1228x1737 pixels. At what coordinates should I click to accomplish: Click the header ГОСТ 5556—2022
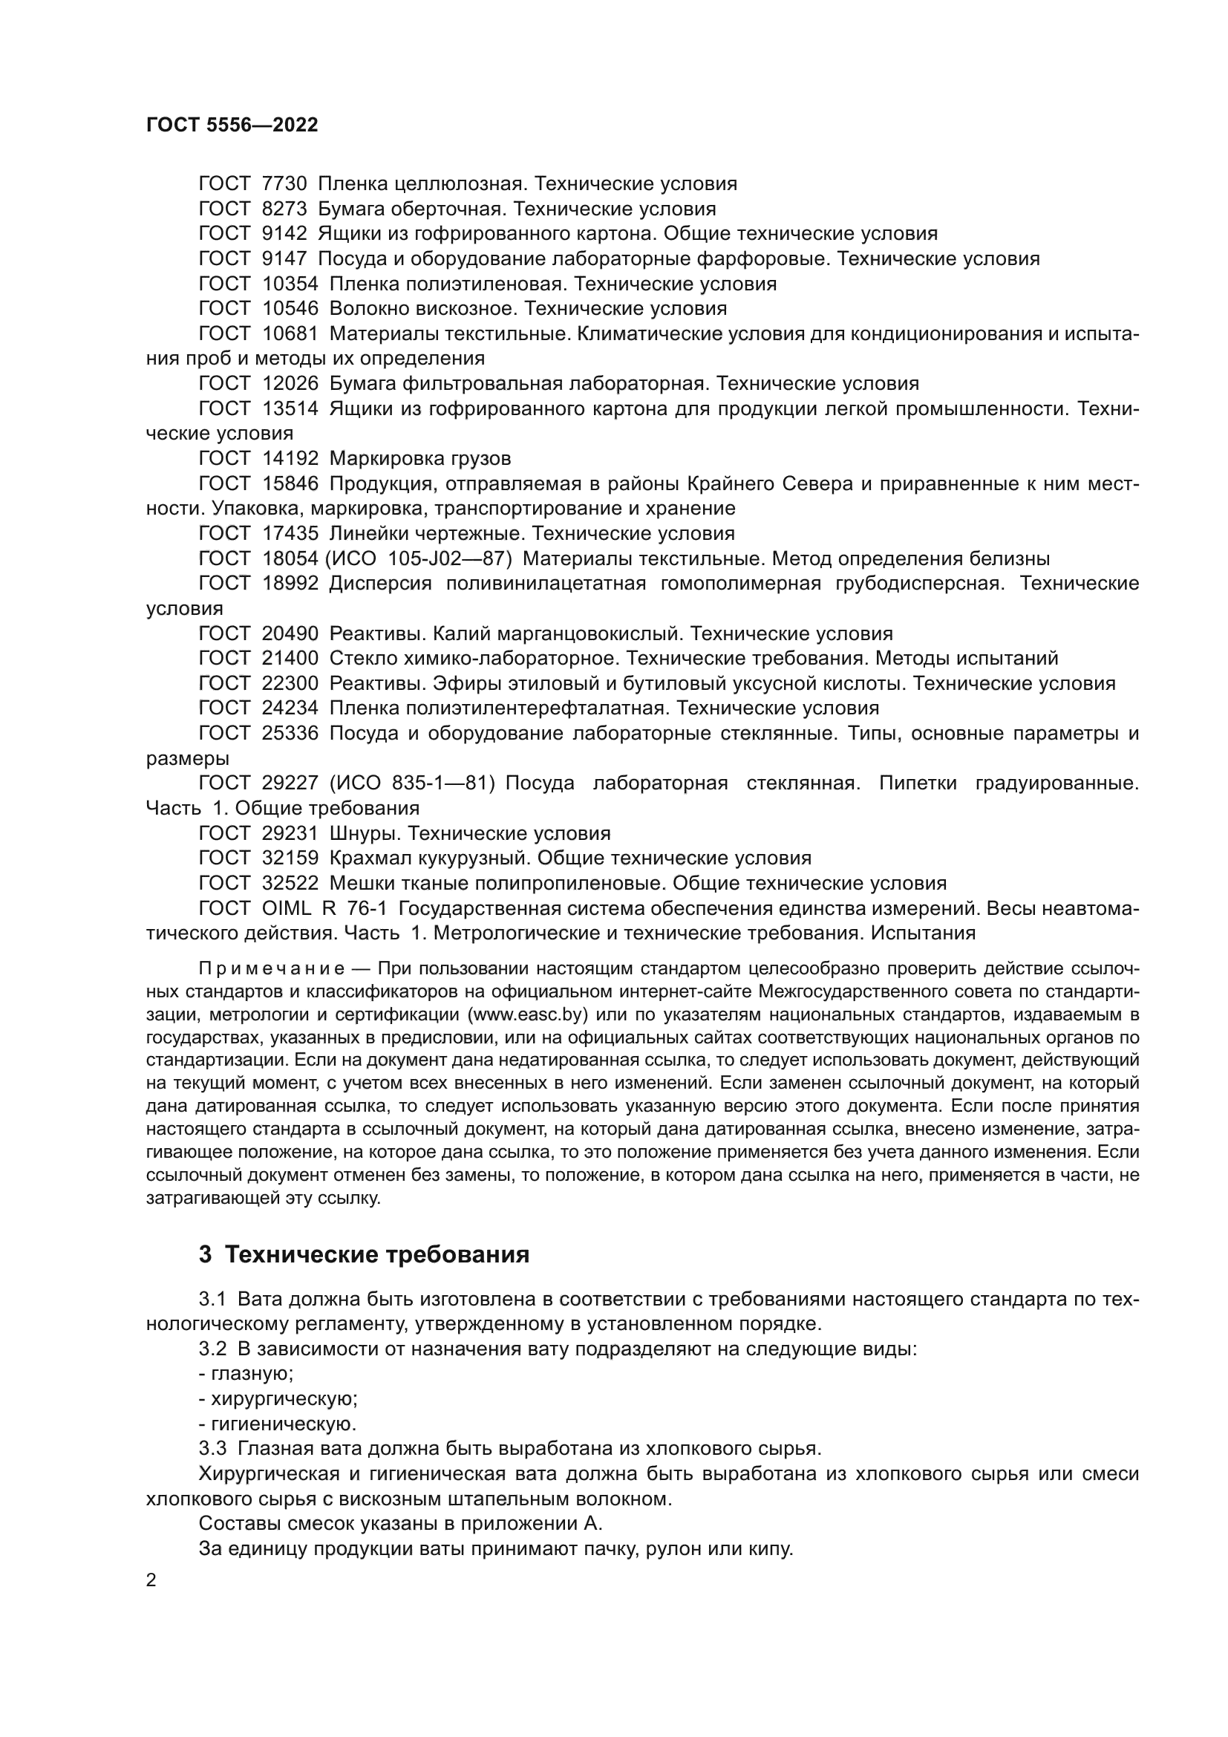click(232, 126)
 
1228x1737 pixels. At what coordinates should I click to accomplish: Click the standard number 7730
click(284, 184)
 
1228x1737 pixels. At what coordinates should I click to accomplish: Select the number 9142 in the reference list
click(284, 234)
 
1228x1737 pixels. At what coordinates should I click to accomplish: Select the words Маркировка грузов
click(420, 458)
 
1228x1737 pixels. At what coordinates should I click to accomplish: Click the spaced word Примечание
click(272, 970)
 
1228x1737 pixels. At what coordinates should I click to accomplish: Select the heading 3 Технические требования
click(364, 1254)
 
